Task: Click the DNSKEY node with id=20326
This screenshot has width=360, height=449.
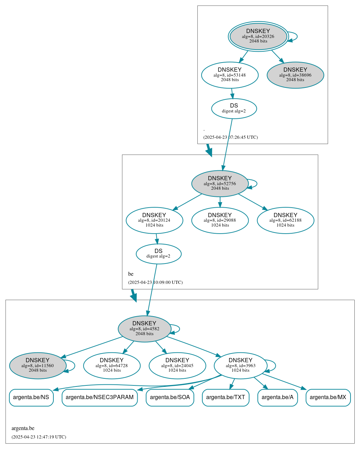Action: tap(258, 36)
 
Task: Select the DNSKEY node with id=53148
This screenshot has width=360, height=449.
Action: tap(230, 75)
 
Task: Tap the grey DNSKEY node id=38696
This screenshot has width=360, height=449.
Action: tap(295, 75)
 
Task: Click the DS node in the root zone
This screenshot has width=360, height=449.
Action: tap(234, 109)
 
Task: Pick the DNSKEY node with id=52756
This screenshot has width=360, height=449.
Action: tap(220, 183)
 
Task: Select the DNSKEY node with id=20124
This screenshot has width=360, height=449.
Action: tap(154, 220)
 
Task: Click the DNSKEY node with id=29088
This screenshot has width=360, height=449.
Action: tap(220, 220)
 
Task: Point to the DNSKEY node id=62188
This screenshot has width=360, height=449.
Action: tap(285, 220)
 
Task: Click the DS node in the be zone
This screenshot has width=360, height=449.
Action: tap(158, 254)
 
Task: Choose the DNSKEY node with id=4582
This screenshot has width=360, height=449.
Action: tap(144, 329)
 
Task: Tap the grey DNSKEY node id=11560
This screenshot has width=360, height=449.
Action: tap(38, 366)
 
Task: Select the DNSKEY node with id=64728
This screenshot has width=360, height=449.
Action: tap(112, 366)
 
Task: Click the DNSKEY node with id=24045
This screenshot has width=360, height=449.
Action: tap(177, 366)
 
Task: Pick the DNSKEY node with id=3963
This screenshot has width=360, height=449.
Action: tap(240, 366)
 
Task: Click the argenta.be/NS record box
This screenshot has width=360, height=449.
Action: tap(31, 397)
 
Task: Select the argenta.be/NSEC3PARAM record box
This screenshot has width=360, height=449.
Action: tap(99, 397)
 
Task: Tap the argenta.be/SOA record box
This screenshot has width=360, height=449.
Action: tap(170, 397)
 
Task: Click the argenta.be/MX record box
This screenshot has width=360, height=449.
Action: tap(328, 397)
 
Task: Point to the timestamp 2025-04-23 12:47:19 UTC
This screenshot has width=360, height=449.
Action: tap(39, 437)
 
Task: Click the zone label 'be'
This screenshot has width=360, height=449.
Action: tap(131, 274)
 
